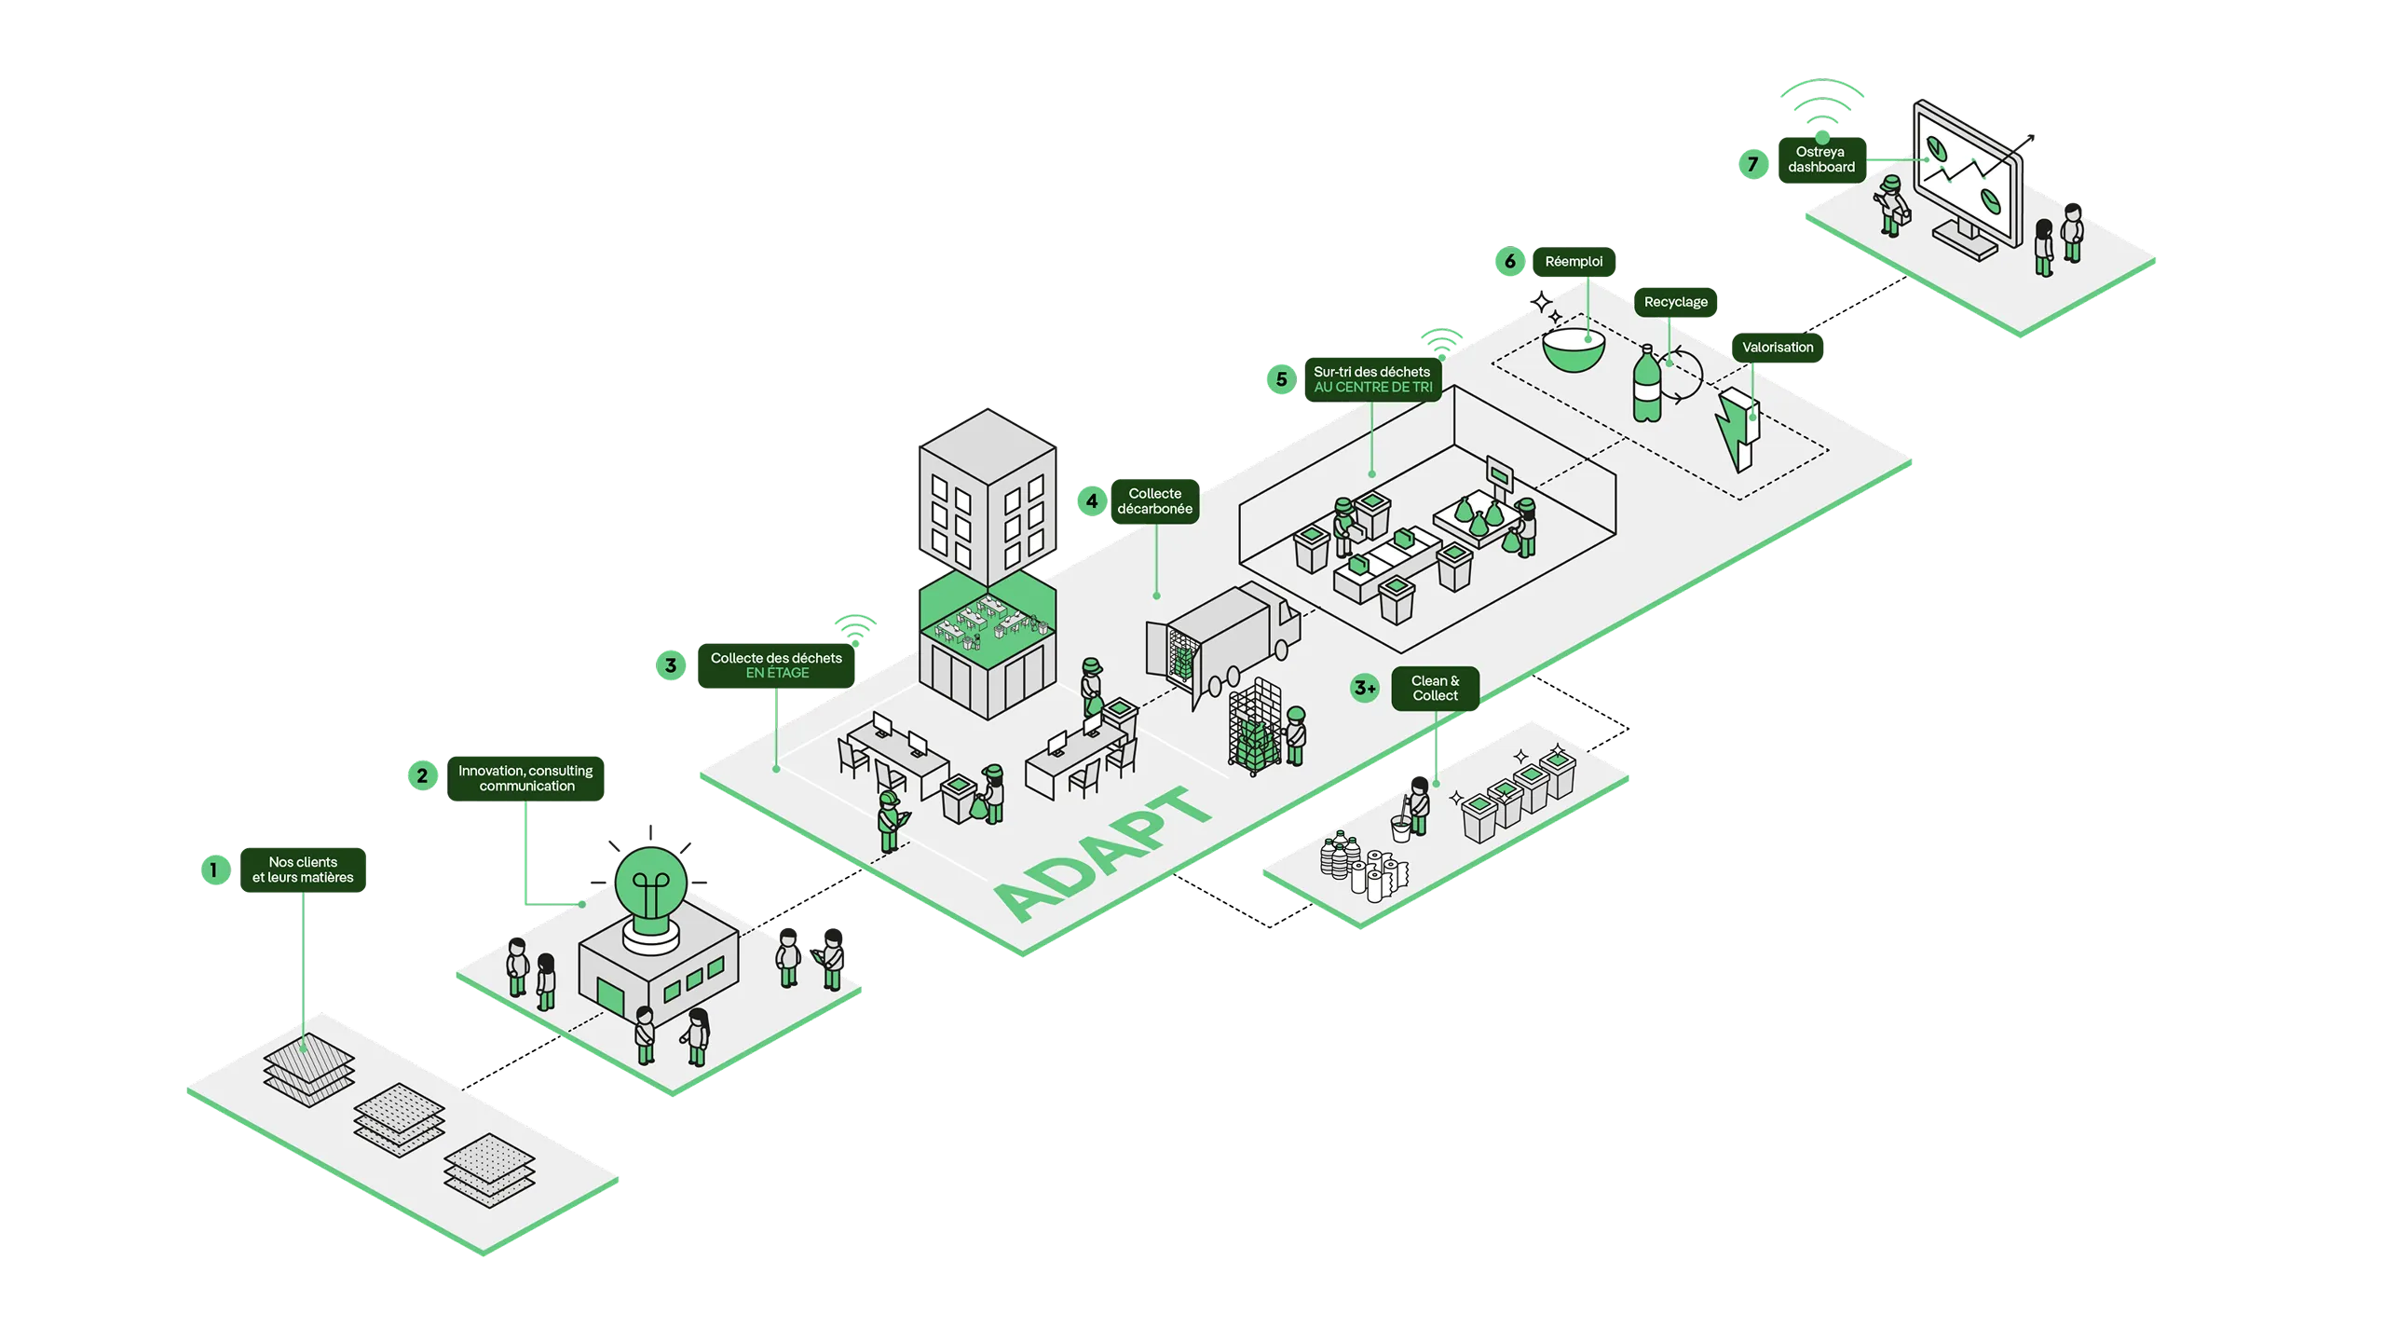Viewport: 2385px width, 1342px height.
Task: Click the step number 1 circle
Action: pos(215,870)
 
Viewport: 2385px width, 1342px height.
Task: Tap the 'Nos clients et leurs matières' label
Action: pos(303,870)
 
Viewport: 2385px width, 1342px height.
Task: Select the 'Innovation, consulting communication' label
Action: pos(525,778)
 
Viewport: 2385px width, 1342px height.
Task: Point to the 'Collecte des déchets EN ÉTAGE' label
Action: pos(776,665)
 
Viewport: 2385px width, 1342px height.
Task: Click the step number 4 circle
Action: pos(1092,501)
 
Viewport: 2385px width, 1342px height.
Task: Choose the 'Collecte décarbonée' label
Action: pos(1155,501)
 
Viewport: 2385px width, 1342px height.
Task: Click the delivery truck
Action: pos(1222,643)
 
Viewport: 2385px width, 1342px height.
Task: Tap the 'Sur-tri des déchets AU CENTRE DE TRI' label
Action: pos(1372,379)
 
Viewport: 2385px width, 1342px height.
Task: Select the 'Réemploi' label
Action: pos(1574,262)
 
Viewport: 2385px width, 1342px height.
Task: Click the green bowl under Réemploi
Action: pos(1574,349)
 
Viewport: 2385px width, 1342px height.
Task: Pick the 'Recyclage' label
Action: pos(1675,302)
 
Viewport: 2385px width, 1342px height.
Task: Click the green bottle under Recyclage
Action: pos(1647,384)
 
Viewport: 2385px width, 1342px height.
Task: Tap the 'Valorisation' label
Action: pos(1778,348)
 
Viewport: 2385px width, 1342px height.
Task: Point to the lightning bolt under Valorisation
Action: pos(1737,430)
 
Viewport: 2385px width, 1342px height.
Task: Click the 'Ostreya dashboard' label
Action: pos(1821,160)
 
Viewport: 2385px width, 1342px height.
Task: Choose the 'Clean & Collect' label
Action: pos(1435,689)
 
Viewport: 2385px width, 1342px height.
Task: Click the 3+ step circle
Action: pos(1365,689)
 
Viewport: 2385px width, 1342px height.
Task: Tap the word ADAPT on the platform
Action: pos(1103,853)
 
